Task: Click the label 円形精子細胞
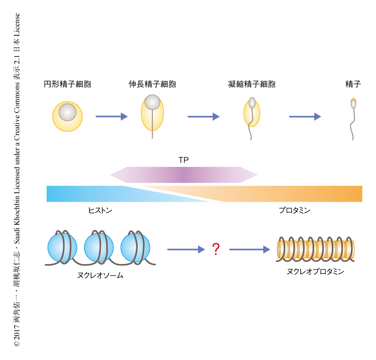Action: click(x=68, y=84)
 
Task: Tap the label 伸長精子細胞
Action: click(x=152, y=84)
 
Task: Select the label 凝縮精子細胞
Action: click(x=252, y=84)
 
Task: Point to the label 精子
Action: click(x=353, y=84)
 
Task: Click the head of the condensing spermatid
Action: click(x=252, y=103)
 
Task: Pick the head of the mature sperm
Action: click(x=353, y=103)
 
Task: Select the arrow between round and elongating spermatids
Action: click(x=111, y=117)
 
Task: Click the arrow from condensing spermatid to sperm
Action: click(x=305, y=117)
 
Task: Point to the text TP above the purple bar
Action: click(x=183, y=160)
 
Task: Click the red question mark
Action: click(x=216, y=249)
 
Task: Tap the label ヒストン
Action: click(x=100, y=211)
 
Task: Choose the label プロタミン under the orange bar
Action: click(x=295, y=211)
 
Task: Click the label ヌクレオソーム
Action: click(x=100, y=276)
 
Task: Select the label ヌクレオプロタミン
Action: click(x=315, y=272)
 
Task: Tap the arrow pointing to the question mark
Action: click(x=186, y=249)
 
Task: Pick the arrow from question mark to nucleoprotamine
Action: click(x=250, y=249)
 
